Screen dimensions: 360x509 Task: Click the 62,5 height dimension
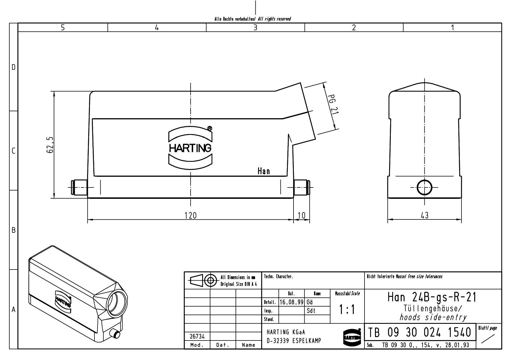50,145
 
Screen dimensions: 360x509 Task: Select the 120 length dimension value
190,215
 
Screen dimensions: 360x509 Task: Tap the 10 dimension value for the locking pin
302,215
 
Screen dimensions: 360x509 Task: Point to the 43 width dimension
424,215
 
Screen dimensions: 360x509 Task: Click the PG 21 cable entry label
333,104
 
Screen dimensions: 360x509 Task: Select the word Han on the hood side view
264,171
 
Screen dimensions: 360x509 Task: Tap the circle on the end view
424,187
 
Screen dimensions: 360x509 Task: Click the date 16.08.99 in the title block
291,302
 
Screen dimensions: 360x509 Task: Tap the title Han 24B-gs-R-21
432,297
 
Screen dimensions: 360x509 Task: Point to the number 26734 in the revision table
197,337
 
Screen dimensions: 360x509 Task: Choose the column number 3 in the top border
255,27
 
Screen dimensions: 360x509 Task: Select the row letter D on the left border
13,67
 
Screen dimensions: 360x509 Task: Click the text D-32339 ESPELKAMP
294,341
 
